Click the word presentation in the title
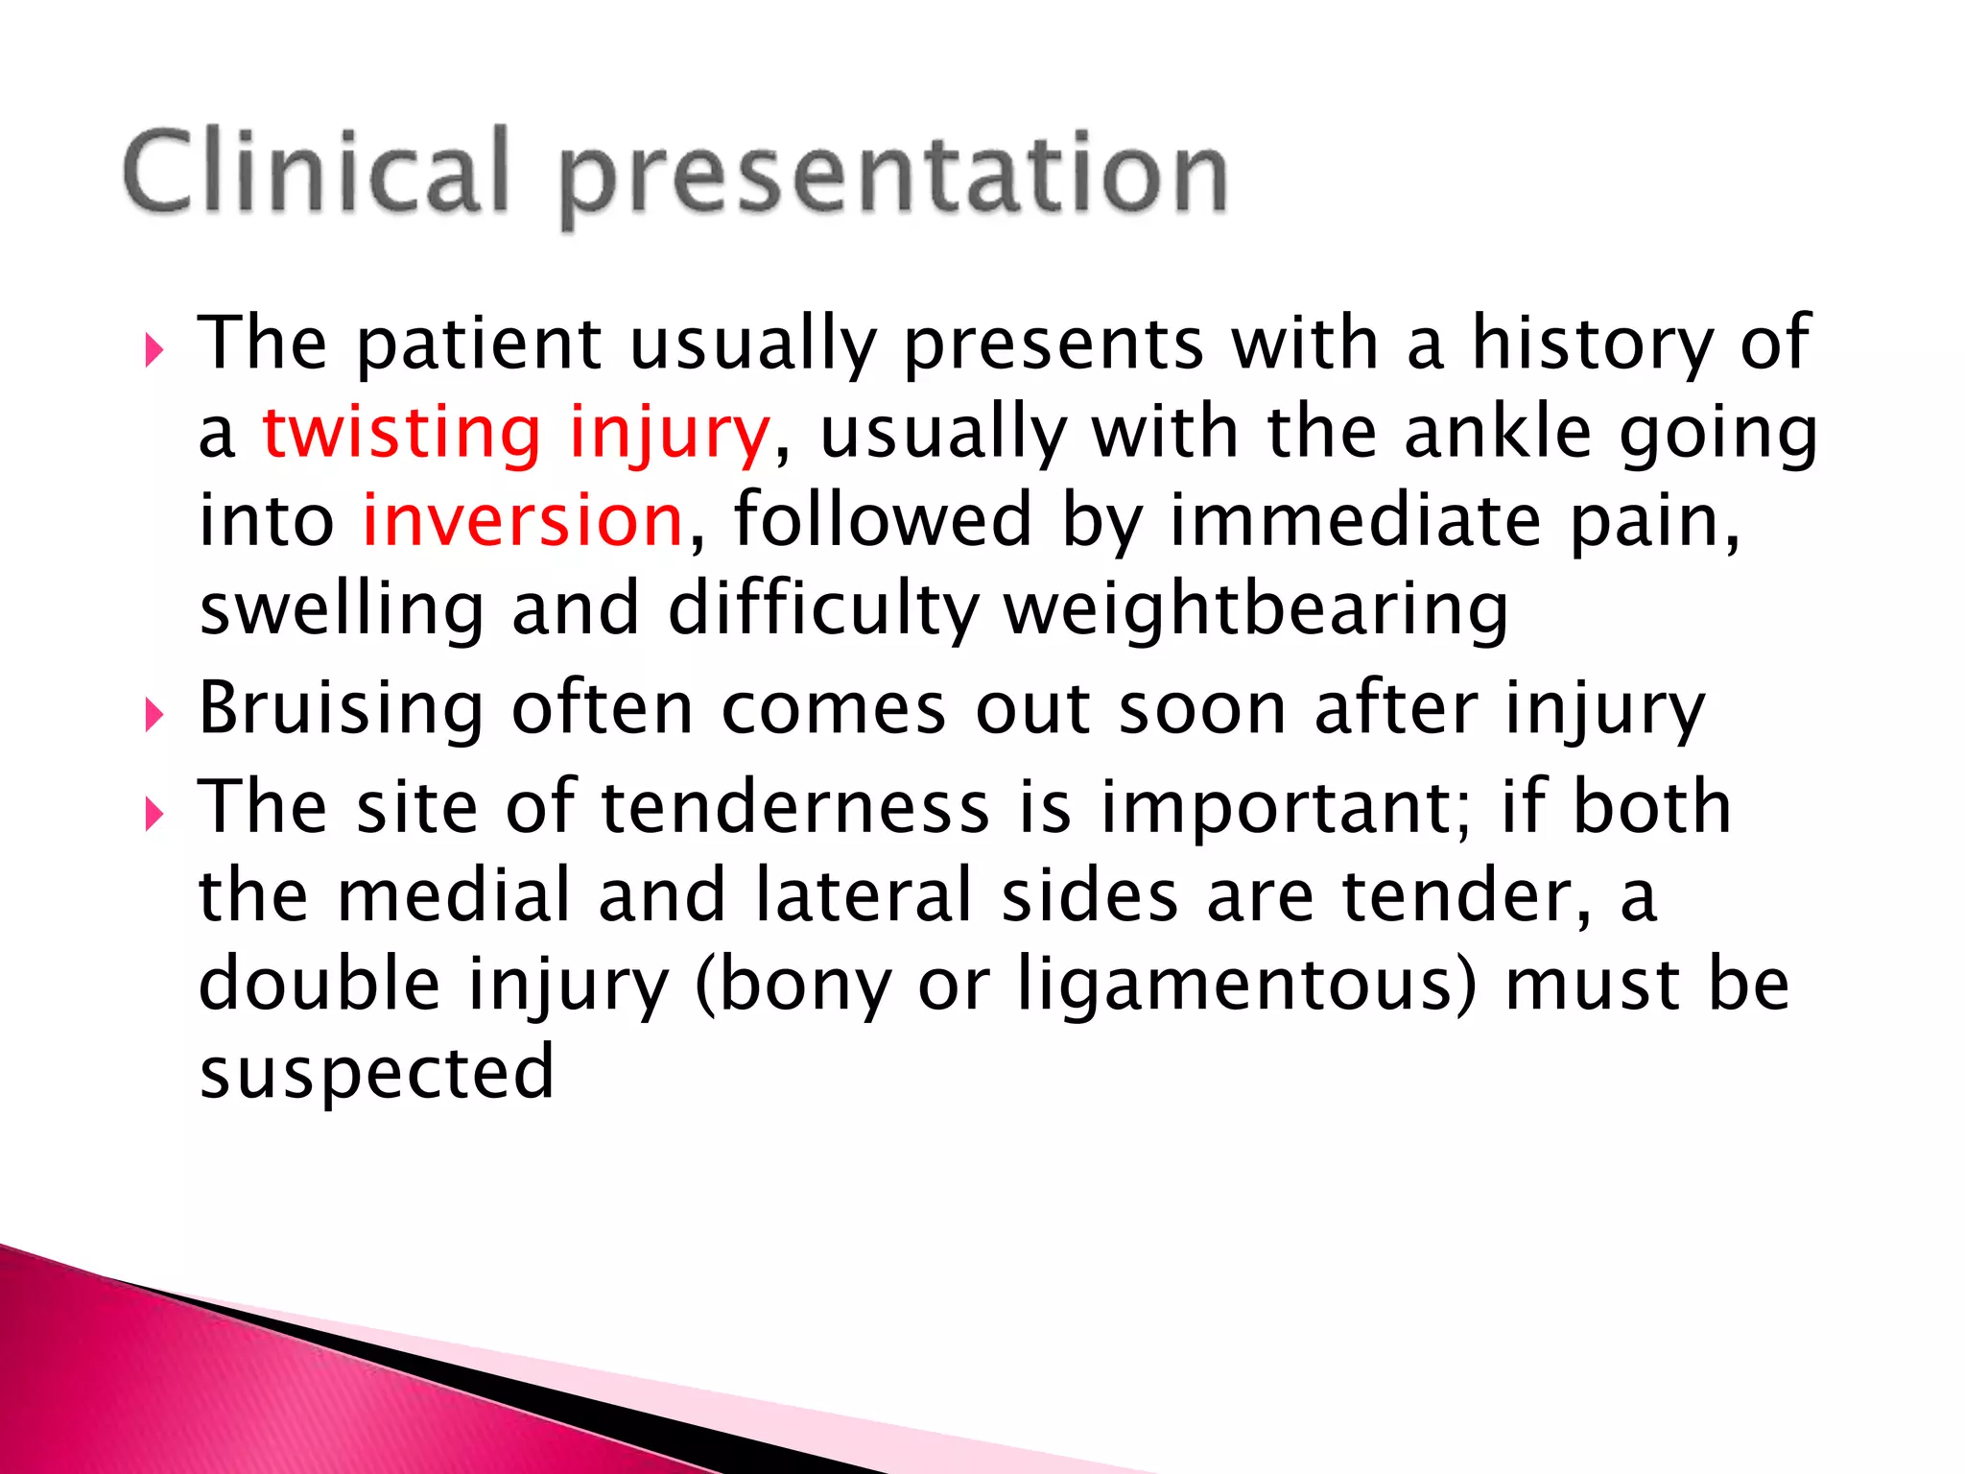coord(892,178)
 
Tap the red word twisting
coord(401,432)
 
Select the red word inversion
coord(522,520)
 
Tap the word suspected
coord(376,1072)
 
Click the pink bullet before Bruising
coord(154,715)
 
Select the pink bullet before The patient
coord(154,350)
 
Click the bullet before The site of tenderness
coord(154,815)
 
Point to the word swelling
coord(341,610)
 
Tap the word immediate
coord(1355,520)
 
